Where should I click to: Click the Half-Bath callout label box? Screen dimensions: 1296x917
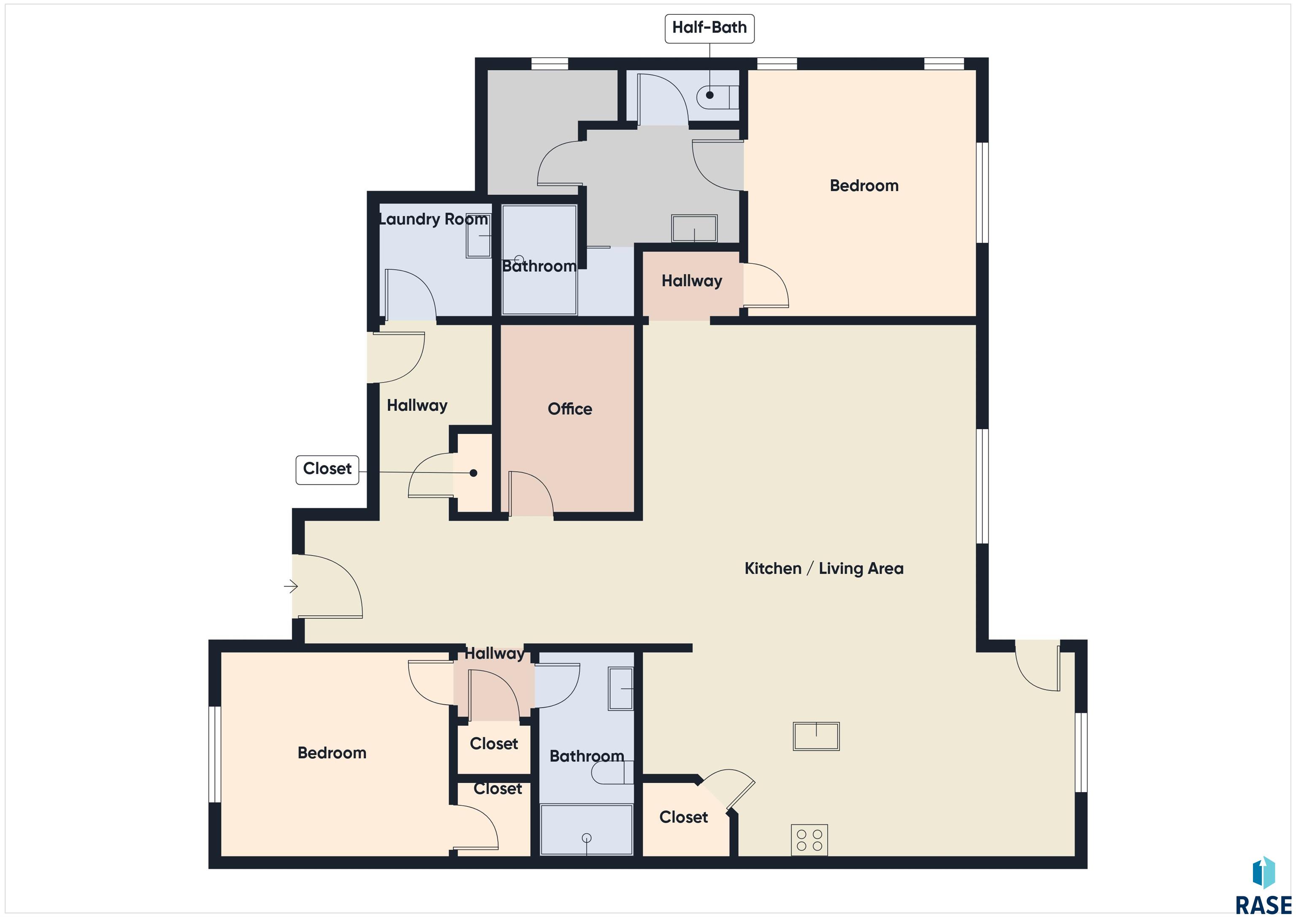(710, 28)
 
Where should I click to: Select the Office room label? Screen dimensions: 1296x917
(570, 409)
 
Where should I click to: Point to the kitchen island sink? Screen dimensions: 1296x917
(816, 736)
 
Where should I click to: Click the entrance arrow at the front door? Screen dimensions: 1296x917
(291, 587)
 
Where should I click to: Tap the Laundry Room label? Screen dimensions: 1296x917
(433, 219)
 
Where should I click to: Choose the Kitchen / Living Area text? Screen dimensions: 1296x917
(824, 568)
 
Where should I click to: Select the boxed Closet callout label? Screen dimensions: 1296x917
(327, 470)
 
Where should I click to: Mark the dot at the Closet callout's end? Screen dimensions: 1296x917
(474, 473)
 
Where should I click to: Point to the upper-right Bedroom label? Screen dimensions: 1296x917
(864, 185)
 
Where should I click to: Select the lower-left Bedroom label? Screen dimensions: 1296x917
(332, 753)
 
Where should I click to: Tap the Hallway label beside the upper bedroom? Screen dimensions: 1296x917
(692, 281)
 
